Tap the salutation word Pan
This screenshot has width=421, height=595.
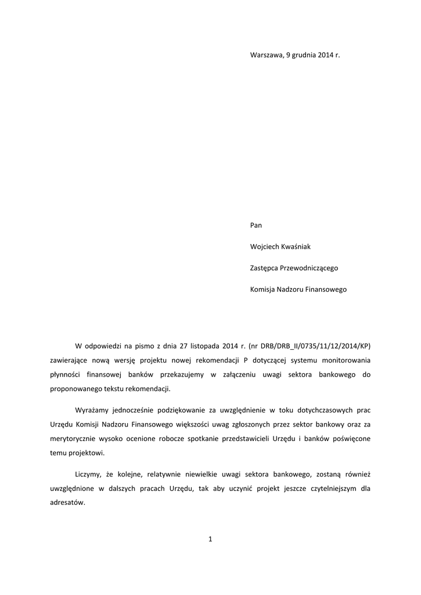256,224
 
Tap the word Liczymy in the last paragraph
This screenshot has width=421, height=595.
88,474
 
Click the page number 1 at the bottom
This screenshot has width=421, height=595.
210,540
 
